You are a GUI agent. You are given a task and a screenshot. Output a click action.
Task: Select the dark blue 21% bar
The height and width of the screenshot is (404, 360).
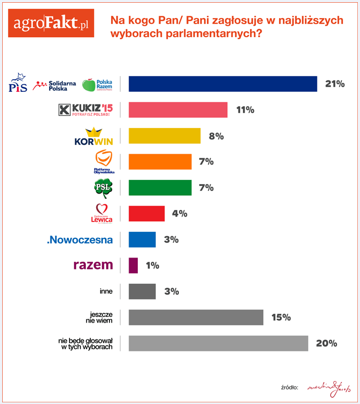(223, 84)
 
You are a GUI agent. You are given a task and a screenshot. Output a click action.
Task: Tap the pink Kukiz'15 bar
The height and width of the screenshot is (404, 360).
(178, 110)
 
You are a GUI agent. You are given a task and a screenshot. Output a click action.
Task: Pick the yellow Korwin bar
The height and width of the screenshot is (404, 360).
(165, 136)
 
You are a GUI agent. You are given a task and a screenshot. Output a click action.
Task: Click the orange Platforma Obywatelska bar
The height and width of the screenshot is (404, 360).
(160, 162)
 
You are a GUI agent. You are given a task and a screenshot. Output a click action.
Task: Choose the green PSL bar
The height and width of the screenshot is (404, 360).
(160, 188)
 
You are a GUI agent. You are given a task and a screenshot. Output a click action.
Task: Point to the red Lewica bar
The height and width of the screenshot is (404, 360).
(147, 213)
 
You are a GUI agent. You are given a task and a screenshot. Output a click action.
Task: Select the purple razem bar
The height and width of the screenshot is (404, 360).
(133, 265)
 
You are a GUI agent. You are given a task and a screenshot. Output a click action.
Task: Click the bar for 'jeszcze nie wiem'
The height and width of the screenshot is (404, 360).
(196, 317)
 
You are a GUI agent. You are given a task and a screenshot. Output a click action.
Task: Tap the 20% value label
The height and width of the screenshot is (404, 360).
(326, 343)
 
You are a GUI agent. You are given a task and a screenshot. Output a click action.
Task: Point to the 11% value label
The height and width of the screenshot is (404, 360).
(245, 110)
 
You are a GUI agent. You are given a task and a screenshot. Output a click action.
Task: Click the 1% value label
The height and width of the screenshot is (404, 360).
(153, 265)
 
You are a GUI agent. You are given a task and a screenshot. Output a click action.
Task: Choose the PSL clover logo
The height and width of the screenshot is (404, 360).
(103, 188)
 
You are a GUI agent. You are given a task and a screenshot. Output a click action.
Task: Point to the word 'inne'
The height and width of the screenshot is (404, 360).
(106, 291)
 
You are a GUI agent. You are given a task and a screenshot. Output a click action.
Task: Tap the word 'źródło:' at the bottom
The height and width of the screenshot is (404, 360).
(288, 387)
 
